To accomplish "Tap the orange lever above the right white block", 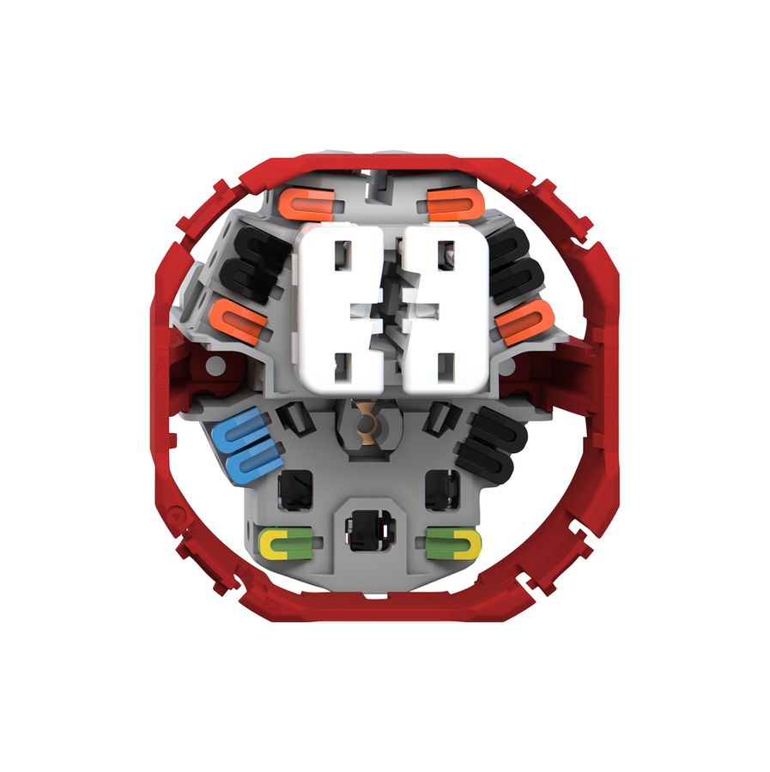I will point(452,204).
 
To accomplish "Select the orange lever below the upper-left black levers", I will point(238,323).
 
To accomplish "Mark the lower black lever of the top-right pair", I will point(516,277).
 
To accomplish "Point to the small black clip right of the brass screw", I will point(439,418).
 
